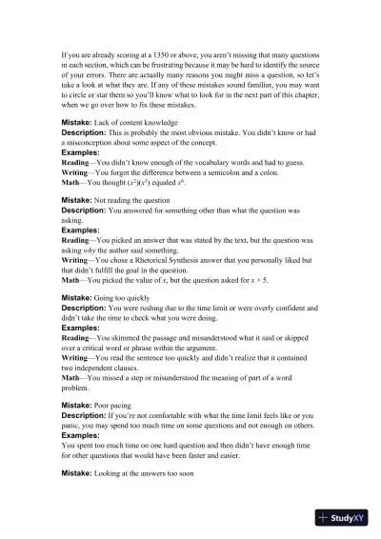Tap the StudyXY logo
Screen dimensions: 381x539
pyautogui.click(x=342, y=518)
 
